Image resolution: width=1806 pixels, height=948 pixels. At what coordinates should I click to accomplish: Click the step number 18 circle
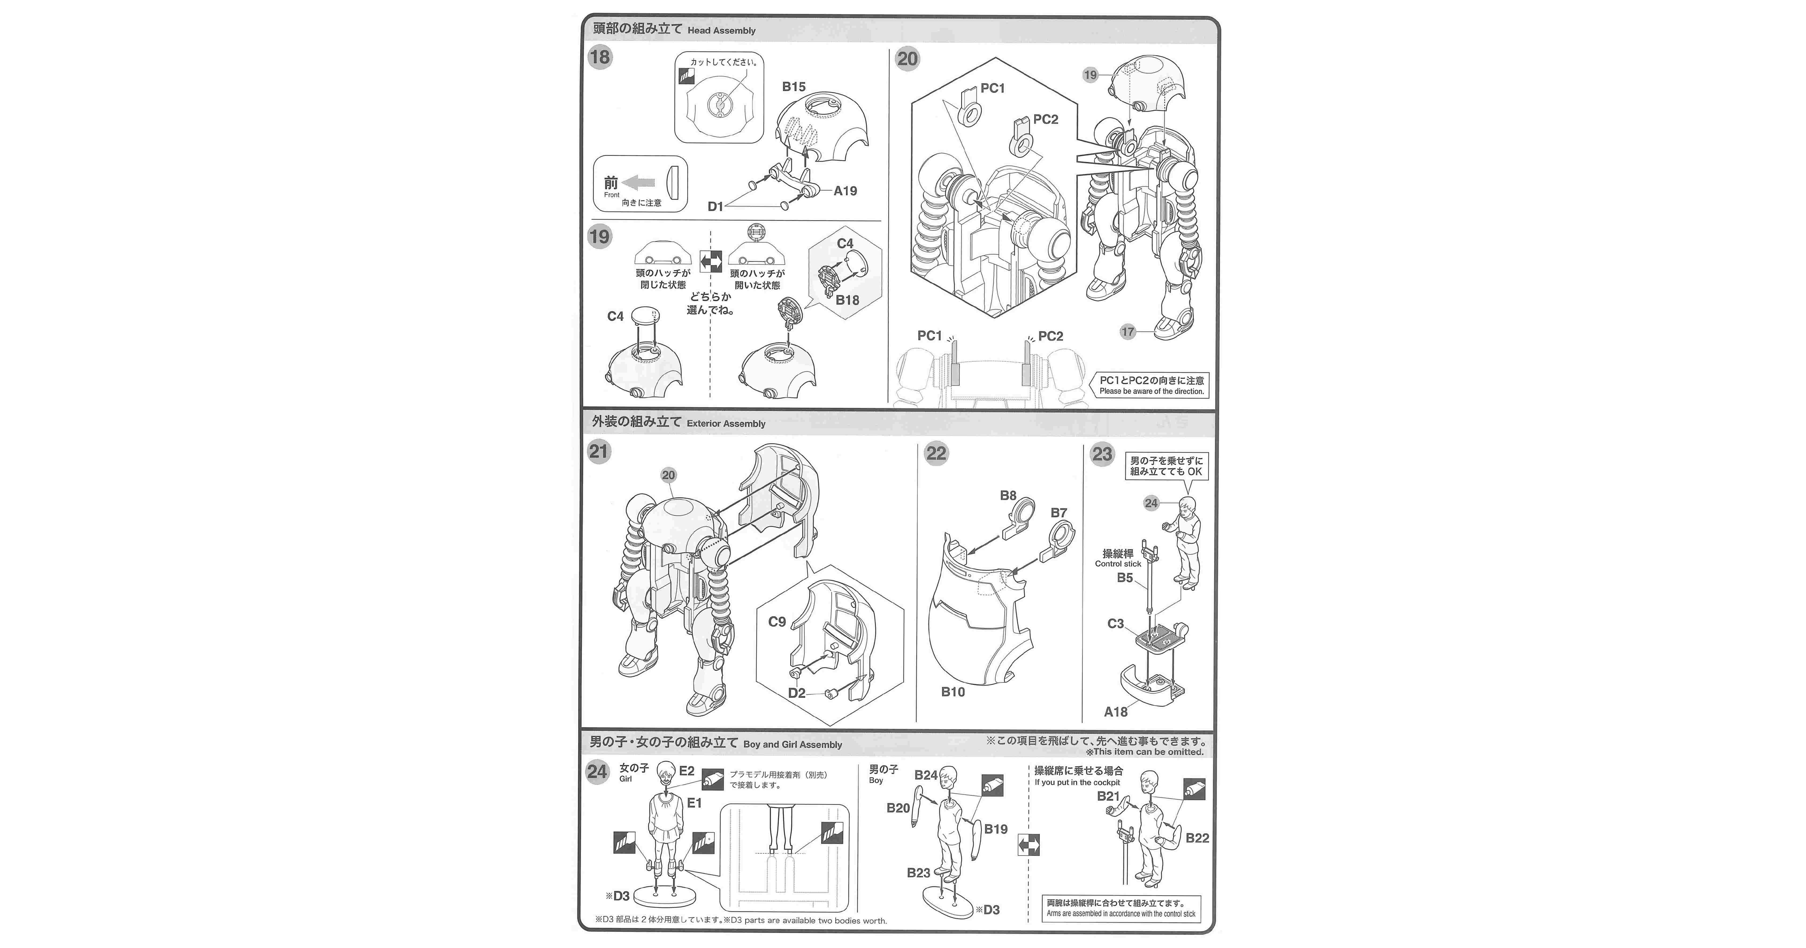(x=599, y=58)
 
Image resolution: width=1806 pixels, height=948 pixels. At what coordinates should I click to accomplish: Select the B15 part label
(x=794, y=87)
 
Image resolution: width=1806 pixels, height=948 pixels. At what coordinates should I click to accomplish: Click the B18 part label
(x=847, y=300)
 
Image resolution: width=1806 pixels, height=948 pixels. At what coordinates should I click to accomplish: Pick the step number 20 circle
(x=907, y=59)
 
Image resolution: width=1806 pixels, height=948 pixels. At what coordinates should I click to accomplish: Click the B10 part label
(x=953, y=692)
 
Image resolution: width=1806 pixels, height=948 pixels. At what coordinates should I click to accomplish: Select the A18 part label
(x=1115, y=712)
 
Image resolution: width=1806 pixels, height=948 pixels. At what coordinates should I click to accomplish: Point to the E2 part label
(x=686, y=771)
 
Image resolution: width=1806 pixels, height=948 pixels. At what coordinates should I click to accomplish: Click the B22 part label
(x=1197, y=838)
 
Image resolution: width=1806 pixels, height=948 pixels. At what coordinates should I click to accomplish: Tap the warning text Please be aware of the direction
(x=1151, y=391)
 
